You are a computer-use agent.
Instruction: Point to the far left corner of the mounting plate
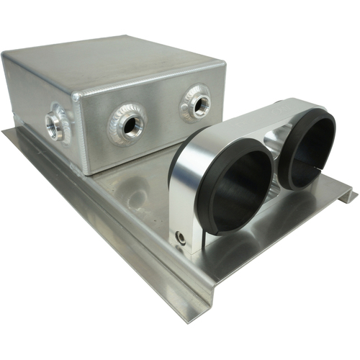[6, 132]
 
